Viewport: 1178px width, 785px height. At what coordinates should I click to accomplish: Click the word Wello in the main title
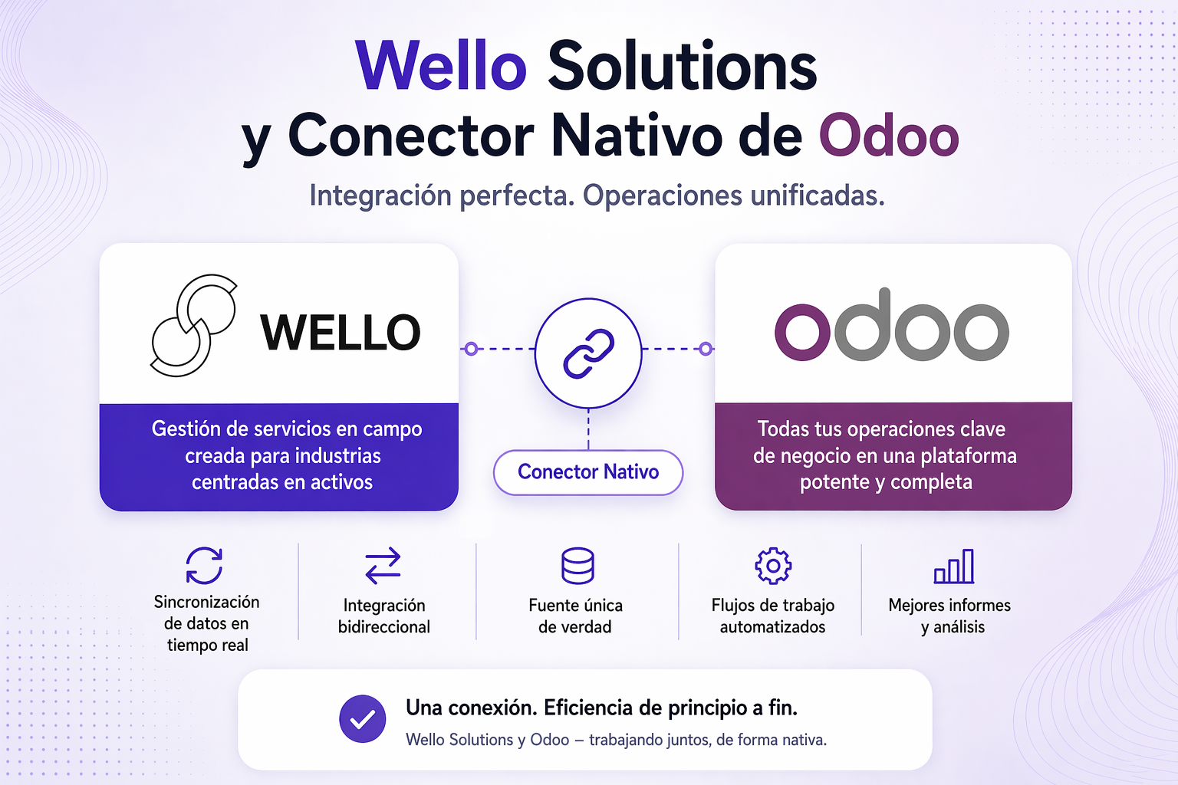pos(441,66)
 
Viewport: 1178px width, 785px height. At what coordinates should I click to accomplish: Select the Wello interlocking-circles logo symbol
pos(193,326)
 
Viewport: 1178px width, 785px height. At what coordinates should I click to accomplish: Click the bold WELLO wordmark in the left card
pos(341,333)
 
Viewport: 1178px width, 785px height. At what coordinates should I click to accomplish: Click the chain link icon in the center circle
pos(588,353)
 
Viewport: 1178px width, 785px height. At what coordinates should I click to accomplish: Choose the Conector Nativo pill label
pos(588,472)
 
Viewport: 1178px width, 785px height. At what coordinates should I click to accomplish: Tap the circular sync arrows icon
pos(205,566)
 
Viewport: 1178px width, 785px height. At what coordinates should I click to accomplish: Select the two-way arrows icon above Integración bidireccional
pos(383,566)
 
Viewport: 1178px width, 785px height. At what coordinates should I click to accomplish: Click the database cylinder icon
pos(577,566)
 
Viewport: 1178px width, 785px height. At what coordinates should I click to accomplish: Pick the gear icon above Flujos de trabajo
pos(773,566)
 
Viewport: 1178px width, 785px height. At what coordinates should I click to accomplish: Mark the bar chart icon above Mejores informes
pos(954,567)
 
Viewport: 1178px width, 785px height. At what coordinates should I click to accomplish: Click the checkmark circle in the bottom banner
pos(363,719)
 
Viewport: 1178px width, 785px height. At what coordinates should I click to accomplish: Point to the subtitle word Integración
pos(380,196)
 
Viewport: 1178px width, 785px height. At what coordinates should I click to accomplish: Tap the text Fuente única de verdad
pos(575,616)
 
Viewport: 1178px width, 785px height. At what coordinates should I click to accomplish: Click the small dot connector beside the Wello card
pos(472,349)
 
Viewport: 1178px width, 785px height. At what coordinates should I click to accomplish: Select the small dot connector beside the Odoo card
pos(705,349)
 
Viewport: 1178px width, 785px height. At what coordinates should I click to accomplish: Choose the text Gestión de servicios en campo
pos(287,429)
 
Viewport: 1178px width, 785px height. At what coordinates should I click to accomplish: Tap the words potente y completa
pos(886,482)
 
